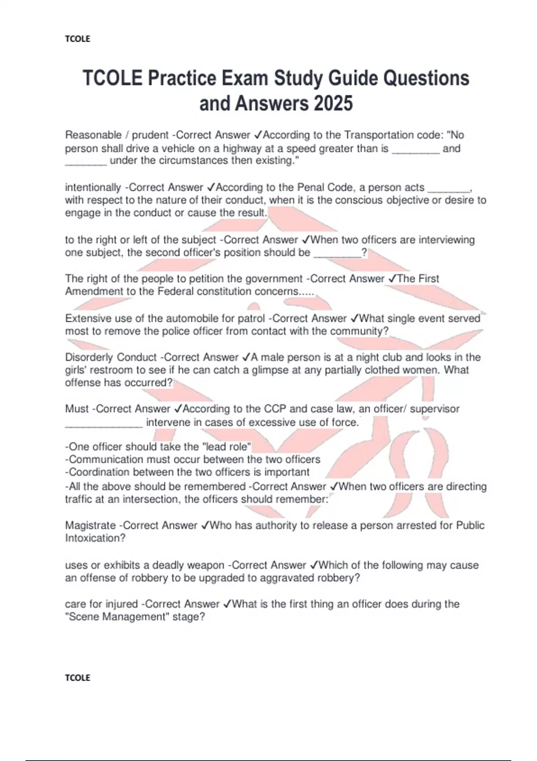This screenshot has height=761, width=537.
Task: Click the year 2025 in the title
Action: (x=333, y=104)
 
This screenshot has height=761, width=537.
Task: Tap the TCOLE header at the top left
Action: (x=77, y=39)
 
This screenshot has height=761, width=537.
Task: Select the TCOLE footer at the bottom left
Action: (x=77, y=678)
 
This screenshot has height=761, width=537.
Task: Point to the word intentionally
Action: (x=93, y=188)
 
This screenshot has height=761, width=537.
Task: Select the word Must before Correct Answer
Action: (x=77, y=409)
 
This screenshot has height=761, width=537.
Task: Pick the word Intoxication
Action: (x=95, y=538)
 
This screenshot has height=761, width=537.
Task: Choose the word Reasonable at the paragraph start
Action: (x=93, y=135)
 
